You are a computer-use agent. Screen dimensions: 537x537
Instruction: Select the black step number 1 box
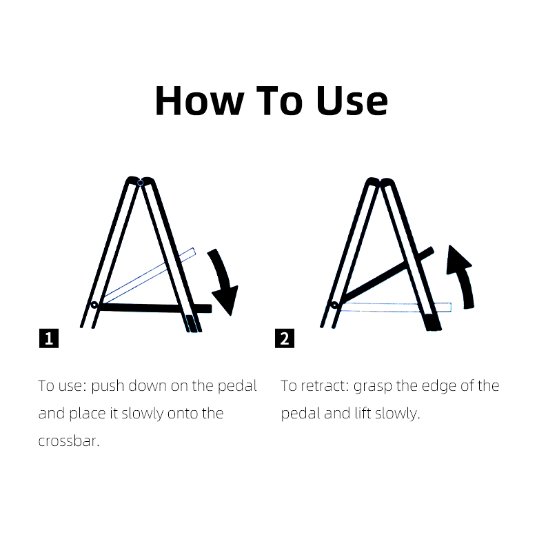48,338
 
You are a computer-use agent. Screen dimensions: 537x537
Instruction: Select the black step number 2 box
284,338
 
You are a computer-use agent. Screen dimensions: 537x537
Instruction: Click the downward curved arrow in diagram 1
225,283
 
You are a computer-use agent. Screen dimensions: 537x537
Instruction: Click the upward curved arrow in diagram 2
460,276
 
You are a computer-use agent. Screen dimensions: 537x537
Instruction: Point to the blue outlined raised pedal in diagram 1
148,274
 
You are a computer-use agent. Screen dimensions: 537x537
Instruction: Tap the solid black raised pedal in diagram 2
386,274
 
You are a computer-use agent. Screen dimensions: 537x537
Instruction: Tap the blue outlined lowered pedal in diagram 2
393,307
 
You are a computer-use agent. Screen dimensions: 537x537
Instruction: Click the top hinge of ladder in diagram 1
140,183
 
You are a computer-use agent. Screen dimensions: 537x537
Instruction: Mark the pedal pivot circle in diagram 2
334,305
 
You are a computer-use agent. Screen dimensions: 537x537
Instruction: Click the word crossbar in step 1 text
69,441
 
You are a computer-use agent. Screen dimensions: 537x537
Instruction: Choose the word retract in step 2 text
325,386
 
